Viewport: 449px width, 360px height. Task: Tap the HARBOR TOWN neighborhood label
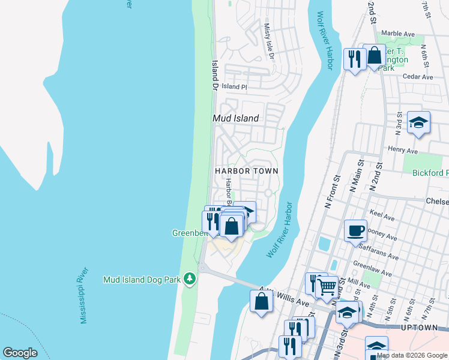click(246, 171)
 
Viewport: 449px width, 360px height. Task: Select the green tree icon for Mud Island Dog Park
click(190, 278)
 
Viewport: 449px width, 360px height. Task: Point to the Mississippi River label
click(85, 295)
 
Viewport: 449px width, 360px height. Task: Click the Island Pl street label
click(234, 87)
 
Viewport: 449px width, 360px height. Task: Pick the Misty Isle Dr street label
click(269, 41)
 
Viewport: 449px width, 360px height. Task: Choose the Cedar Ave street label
click(418, 77)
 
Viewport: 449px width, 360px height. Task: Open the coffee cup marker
click(355, 230)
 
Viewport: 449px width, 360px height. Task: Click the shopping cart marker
click(327, 286)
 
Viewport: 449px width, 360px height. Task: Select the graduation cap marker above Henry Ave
click(418, 123)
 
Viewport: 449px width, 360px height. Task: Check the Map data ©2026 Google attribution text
click(412, 355)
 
